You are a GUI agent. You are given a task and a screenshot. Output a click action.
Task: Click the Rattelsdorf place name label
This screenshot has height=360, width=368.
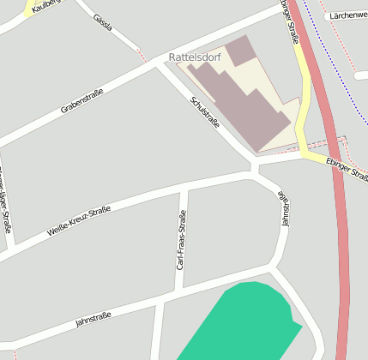[x=195, y=57]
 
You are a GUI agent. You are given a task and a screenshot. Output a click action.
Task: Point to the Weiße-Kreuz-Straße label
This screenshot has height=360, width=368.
[x=79, y=220]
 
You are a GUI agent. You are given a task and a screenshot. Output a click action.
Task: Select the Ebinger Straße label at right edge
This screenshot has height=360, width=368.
[x=347, y=169]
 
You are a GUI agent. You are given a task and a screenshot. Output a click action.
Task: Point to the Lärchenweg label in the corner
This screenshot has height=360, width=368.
[x=347, y=15]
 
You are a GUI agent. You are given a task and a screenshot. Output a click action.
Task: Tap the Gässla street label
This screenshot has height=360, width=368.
[x=102, y=21]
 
